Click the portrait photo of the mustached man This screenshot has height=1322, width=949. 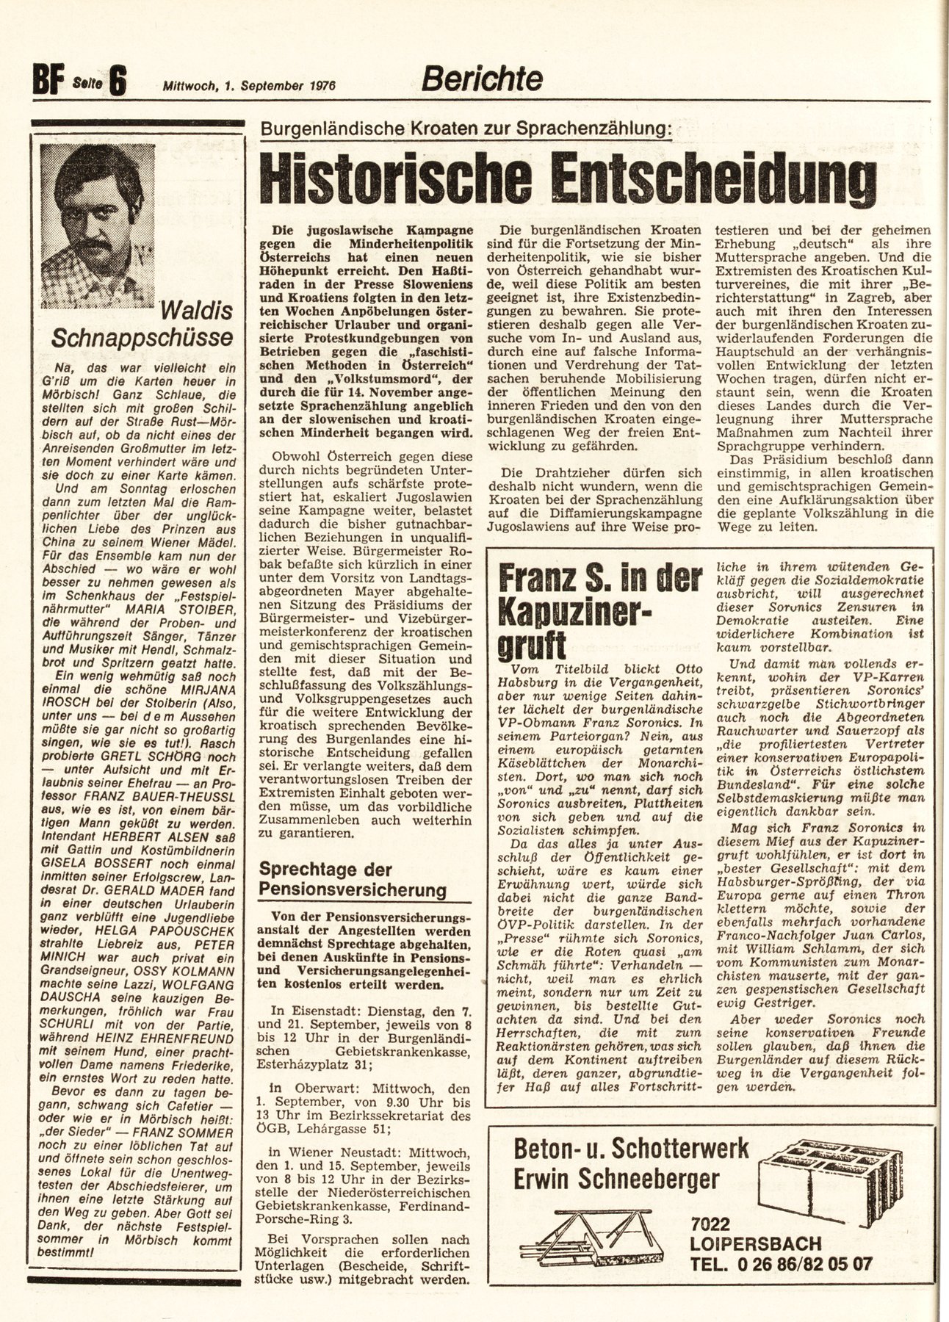click(x=98, y=225)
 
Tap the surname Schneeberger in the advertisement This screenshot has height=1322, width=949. click(x=657, y=1180)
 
